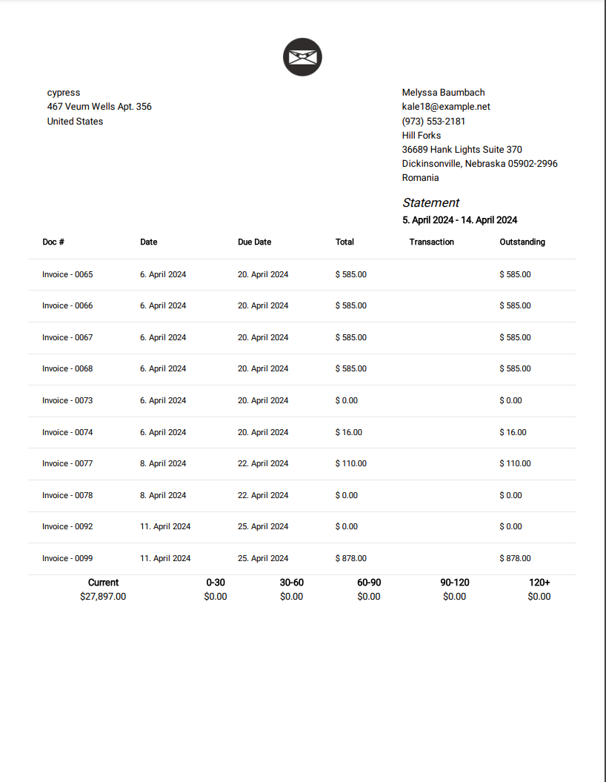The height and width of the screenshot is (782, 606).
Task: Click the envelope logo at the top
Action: pyautogui.click(x=302, y=57)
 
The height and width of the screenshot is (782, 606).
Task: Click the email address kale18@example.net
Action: pyautogui.click(x=446, y=107)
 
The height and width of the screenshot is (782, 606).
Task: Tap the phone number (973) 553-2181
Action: pyautogui.click(x=433, y=121)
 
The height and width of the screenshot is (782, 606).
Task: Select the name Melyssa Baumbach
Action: pyautogui.click(x=443, y=93)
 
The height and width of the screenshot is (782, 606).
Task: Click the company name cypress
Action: pyautogui.click(x=64, y=93)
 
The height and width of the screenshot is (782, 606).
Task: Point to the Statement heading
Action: pyautogui.click(x=430, y=202)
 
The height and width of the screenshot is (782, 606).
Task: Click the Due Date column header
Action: pyautogui.click(x=254, y=242)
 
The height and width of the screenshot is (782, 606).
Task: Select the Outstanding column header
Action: pyautogui.click(x=522, y=242)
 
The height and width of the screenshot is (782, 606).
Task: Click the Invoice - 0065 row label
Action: pyautogui.click(x=67, y=274)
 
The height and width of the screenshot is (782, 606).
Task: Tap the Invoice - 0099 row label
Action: pyautogui.click(x=67, y=558)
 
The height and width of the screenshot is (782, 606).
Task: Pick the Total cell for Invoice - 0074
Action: pyautogui.click(x=349, y=432)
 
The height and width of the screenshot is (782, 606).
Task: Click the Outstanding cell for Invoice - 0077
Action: pyautogui.click(x=515, y=463)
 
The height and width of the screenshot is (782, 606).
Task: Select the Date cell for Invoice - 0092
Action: pyautogui.click(x=165, y=526)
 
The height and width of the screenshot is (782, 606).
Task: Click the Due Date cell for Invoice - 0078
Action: pyautogui.click(x=263, y=495)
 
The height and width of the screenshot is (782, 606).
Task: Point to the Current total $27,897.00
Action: pyautogui.click(x=103, y=597)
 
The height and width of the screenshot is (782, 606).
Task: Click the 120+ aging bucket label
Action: pyautogui.click(x=539, y=583)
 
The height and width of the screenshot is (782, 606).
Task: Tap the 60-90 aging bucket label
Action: pyautogui.click(x=369, y=583)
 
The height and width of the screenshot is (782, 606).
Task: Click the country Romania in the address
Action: pyautogui.click(x=420, y=178)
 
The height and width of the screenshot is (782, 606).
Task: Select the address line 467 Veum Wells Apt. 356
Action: pyautogui.click(x=99, y=107)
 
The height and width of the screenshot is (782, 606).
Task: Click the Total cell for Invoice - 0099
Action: pyautogui.click(x=350, y=558)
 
